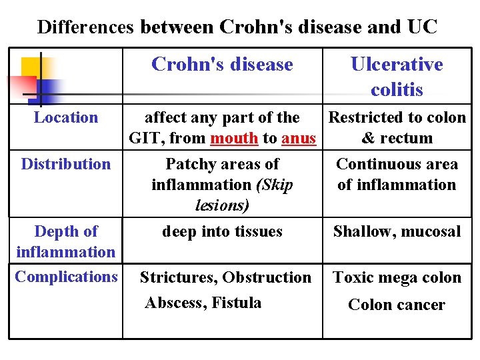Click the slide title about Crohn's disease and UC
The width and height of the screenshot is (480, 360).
click(x=237, y=27)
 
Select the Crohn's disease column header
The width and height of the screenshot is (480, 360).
click(x=222, y=64)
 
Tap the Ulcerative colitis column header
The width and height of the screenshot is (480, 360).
click(x=397, y=76)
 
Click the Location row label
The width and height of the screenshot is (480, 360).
click(x=65, y=118)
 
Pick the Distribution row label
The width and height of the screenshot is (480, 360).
click(x=65, y=164)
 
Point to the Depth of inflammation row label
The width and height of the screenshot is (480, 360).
click(x=65, y=241)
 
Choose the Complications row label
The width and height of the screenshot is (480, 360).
click(x=65, y=277)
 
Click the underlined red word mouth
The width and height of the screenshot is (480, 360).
click(x=234, y=139)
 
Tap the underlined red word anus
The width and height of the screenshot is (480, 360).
click(x=298, y=139)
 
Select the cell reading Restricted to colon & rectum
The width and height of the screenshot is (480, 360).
click(x=397, y=128)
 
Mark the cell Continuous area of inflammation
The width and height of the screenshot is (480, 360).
click(x=397, y=174)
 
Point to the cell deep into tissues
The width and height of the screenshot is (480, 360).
click(x=222, y=232)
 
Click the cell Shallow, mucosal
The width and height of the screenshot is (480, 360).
click(x=397, y=232)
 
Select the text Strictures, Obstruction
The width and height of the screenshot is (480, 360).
click(x=225, y=277)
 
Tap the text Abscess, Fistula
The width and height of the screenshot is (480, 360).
click(x=203, y=303)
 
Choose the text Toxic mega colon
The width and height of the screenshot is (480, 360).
click(x=397, y=277)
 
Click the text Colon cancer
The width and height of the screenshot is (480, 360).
click(x=397, y=305)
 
